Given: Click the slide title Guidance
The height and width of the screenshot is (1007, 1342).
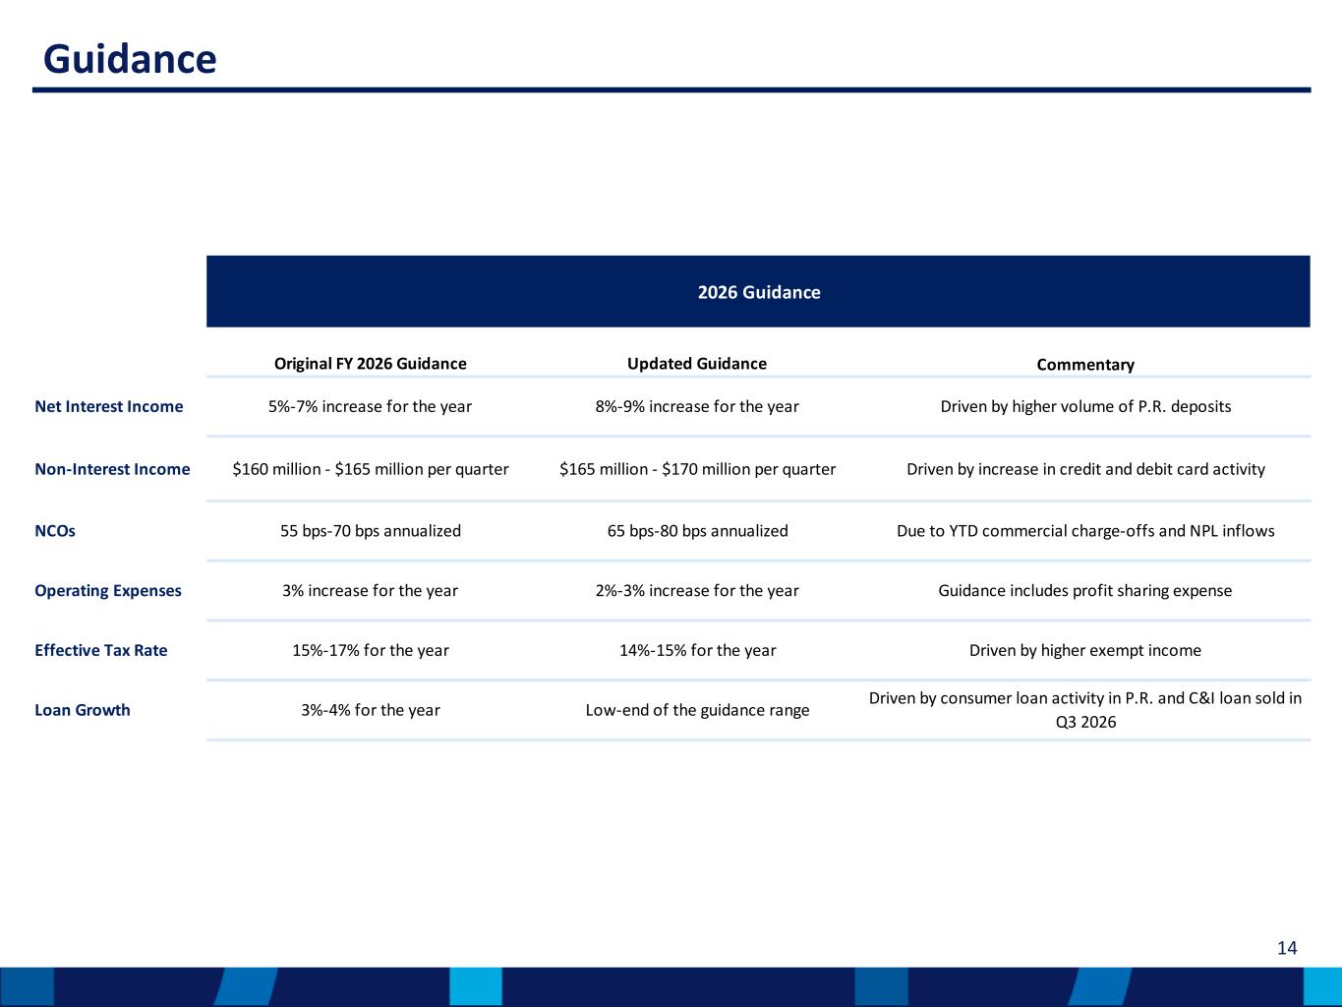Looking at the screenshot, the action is click(x=130, y=59).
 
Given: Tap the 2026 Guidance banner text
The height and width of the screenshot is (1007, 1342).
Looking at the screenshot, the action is click(x=759, y=292).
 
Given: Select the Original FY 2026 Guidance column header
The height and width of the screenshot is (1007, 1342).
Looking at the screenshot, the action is click(x=370, y=364).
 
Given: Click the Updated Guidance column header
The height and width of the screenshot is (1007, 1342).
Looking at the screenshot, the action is click(x=696, y=364).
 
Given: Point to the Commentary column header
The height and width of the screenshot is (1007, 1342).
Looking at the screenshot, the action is click(x=1085, y=365).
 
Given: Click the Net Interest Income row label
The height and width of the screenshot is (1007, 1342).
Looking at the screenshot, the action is click(x=109, y=406).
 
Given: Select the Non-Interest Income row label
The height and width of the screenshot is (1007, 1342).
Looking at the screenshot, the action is click(x=112, y=469).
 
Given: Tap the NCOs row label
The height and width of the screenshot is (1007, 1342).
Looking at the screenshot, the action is click(x=55, y=531).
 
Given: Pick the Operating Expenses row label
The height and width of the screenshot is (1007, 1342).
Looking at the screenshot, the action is click(x=107, y=591).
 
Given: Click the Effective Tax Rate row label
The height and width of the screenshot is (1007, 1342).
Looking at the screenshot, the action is click(x=101, y=651).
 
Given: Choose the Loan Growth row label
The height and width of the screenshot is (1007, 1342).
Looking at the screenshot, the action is click(x=82, y=710).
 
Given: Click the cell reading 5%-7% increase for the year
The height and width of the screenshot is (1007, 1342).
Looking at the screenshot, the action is click(x=370, y=406).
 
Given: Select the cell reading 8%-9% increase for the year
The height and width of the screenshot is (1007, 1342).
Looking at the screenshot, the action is click(x=697, y=406).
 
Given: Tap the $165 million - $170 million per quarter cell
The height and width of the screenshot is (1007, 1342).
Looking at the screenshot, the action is click(x=697, y=469).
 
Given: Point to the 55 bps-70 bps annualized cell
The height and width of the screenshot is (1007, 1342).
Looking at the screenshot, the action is click(x=371, y=531).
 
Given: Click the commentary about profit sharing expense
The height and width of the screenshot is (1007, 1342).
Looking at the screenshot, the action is click(x=1085, y=591).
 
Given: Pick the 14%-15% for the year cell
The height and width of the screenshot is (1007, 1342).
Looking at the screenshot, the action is click(x=698, y=651).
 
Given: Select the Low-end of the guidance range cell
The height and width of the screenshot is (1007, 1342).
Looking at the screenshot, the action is click(x=697, y=710).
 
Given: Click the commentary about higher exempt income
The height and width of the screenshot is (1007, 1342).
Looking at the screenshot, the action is click(x=1085, y=651).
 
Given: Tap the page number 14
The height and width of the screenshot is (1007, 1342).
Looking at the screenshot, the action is click(x=1287, y=948).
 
